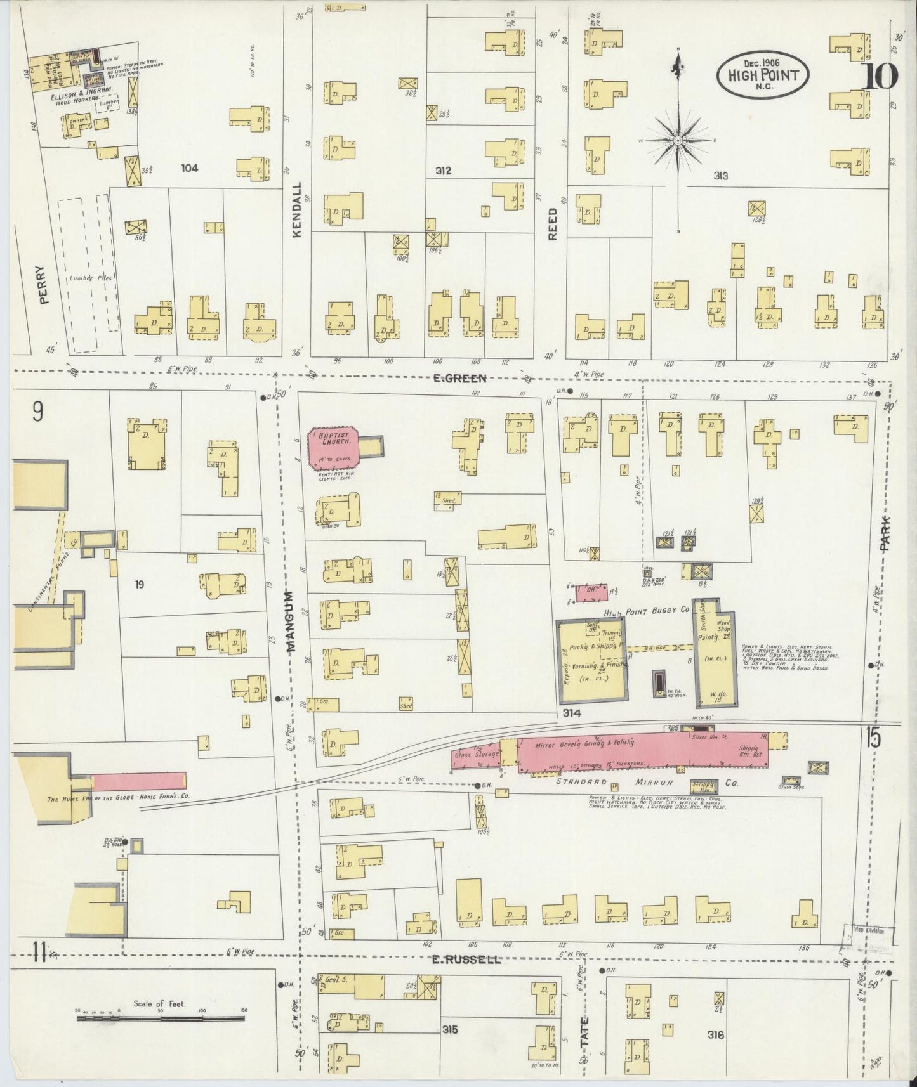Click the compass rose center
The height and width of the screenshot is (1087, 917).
(678, 140)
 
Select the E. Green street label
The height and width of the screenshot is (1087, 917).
(460, 379)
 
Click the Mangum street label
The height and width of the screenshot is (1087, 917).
(291, 621)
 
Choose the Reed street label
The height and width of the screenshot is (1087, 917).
(552, 225)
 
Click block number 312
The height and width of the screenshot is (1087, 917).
(443, 171)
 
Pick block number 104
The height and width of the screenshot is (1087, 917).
(189, 168)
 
